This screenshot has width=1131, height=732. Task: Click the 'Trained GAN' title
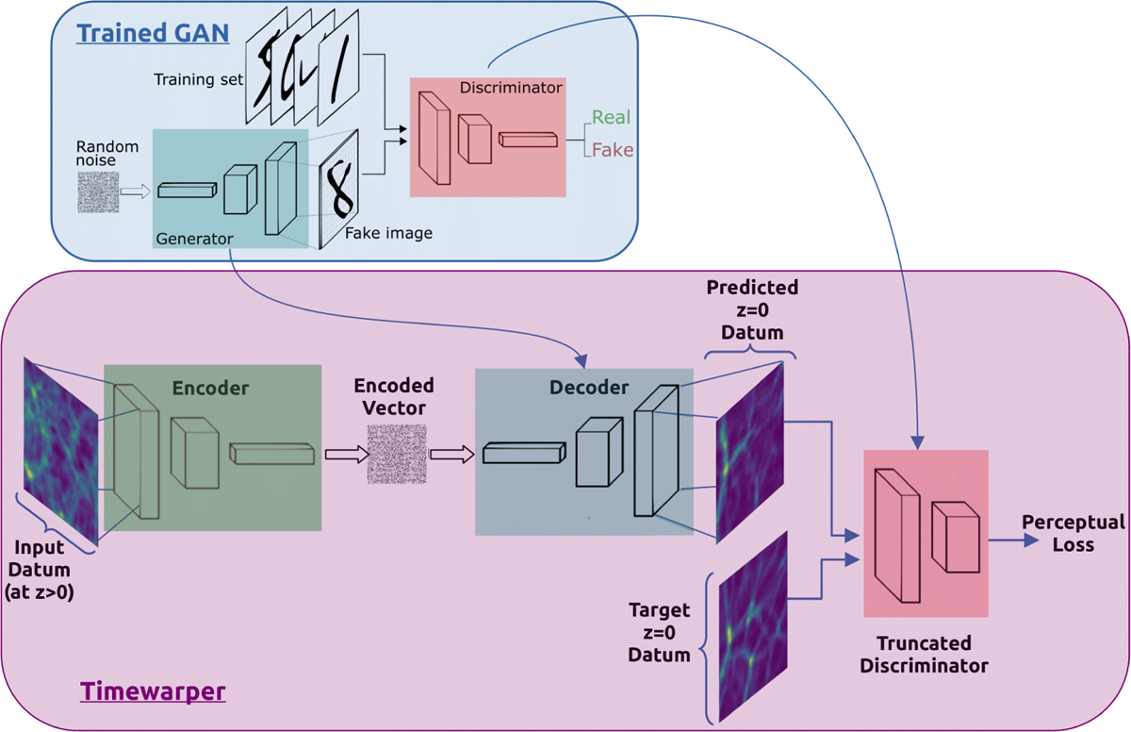coord(152,32)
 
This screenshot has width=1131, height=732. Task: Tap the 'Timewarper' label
coord(153,691)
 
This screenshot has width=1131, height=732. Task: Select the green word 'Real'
coord(611,118)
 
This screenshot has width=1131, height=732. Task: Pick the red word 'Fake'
coord(612,150)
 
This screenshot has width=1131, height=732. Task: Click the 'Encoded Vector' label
coord(394,396)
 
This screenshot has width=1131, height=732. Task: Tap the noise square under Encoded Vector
coord(395,454)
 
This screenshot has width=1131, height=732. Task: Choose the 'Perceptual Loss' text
coord(1074,533)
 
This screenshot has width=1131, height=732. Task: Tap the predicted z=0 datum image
coord(750,453)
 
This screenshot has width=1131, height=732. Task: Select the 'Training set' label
coord(198,79)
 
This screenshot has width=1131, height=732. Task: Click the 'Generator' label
coord(193,240)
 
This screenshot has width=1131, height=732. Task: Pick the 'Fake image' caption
coord(388,232)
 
